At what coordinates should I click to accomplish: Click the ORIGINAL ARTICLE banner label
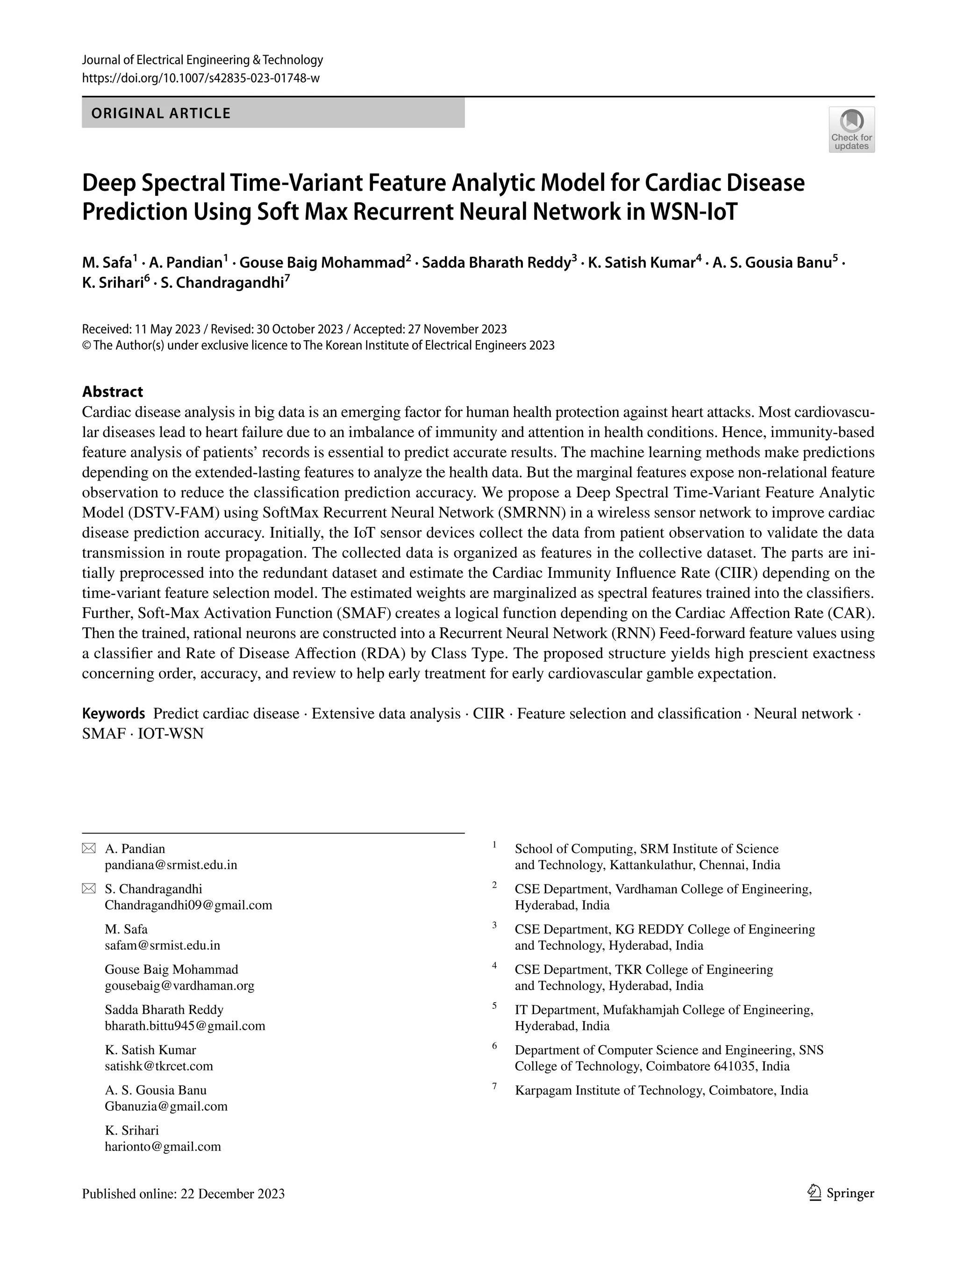pos(161,113)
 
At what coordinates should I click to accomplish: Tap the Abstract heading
pos(112,392)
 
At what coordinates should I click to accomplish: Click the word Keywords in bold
pos(113,714)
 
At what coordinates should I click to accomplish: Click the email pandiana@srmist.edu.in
pos(171,865)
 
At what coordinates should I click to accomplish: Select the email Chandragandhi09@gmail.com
pos(188,905)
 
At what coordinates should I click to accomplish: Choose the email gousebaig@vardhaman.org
pos(179,985)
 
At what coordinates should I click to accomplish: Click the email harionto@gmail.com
pos(163,1147)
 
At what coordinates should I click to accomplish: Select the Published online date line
pos(183,1194)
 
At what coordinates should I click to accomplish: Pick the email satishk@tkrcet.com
pos(158,1066)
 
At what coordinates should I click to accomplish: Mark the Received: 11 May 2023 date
pos(141,329)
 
